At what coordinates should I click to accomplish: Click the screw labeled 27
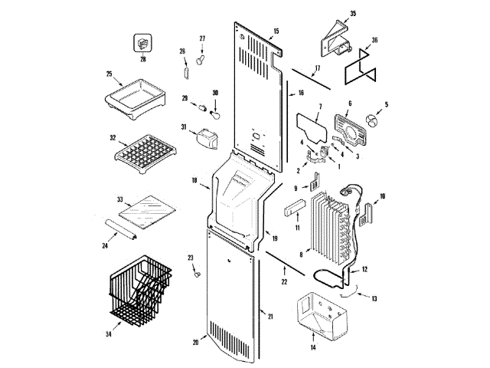pos(201,54)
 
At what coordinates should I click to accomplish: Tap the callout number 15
pos(276,31)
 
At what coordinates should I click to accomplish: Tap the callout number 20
pos(195,343)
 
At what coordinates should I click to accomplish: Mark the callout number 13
pos(375,297)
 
